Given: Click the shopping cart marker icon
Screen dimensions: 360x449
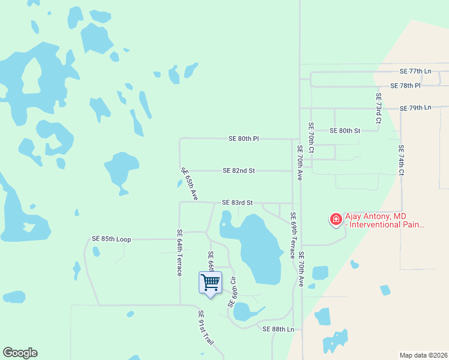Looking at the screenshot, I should click(x=210, y=282).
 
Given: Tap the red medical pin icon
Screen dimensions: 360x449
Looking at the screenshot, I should click(x=336, y=220).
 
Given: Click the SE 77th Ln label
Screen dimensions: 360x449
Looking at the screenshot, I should click(x=415, y=71).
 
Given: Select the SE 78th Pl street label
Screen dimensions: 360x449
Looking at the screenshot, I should click(x=406, y=86).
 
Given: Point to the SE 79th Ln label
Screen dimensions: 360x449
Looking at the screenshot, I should click(x=415, y=108).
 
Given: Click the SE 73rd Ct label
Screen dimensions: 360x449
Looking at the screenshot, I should click(x=379, y=108).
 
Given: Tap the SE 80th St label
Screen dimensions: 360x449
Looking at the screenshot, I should click(x=345, y=130).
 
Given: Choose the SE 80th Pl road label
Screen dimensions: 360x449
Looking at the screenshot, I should click(x=244, y=139).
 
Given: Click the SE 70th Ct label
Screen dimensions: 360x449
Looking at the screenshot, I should click(x=311, y=138).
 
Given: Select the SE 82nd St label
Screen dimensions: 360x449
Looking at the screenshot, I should click(x=239, y=170).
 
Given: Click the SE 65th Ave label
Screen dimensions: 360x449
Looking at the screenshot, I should click(x=190, y=184).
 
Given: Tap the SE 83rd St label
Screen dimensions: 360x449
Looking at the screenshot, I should click(x=238, y=203).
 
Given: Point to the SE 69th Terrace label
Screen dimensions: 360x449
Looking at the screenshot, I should click(x=293, y=235).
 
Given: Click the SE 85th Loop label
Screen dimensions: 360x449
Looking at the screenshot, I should click(x=112, y=239).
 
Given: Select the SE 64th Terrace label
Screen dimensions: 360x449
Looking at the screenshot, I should click(x=179, y=253).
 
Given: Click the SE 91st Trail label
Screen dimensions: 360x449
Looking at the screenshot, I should click(x=207, y=331).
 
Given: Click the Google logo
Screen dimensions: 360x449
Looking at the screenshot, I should click(x=20, y=353).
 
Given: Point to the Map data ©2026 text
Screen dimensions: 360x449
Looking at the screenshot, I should click(x=423, y=355).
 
